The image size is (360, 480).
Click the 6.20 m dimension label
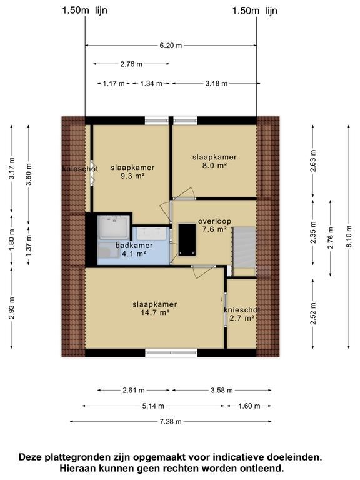click(171, 46)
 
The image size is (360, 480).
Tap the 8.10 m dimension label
click(349, 237)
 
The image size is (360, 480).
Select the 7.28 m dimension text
click(171, 421)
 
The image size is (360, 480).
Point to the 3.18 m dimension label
click(216, 83)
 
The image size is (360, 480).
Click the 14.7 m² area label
click(155, 312)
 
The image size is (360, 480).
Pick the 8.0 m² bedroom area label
click(214, 165)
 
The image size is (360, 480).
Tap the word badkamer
click(134, 246)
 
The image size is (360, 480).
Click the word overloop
click(214, 221)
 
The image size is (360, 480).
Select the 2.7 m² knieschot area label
click(242, 318)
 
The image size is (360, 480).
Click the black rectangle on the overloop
click(187, 240)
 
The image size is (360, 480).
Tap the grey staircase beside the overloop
click(244, 247)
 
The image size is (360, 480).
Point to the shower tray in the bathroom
click(114, 227)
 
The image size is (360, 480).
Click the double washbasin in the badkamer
click(151, 234)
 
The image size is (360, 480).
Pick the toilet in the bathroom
click(108, 253)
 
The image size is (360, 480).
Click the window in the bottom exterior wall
click(171, 353)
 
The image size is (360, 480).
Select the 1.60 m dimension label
click(249, 406)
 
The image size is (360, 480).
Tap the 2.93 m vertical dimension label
click(11, 308)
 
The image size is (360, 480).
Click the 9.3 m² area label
click(132, 176)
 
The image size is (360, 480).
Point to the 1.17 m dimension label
click(114, 83)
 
